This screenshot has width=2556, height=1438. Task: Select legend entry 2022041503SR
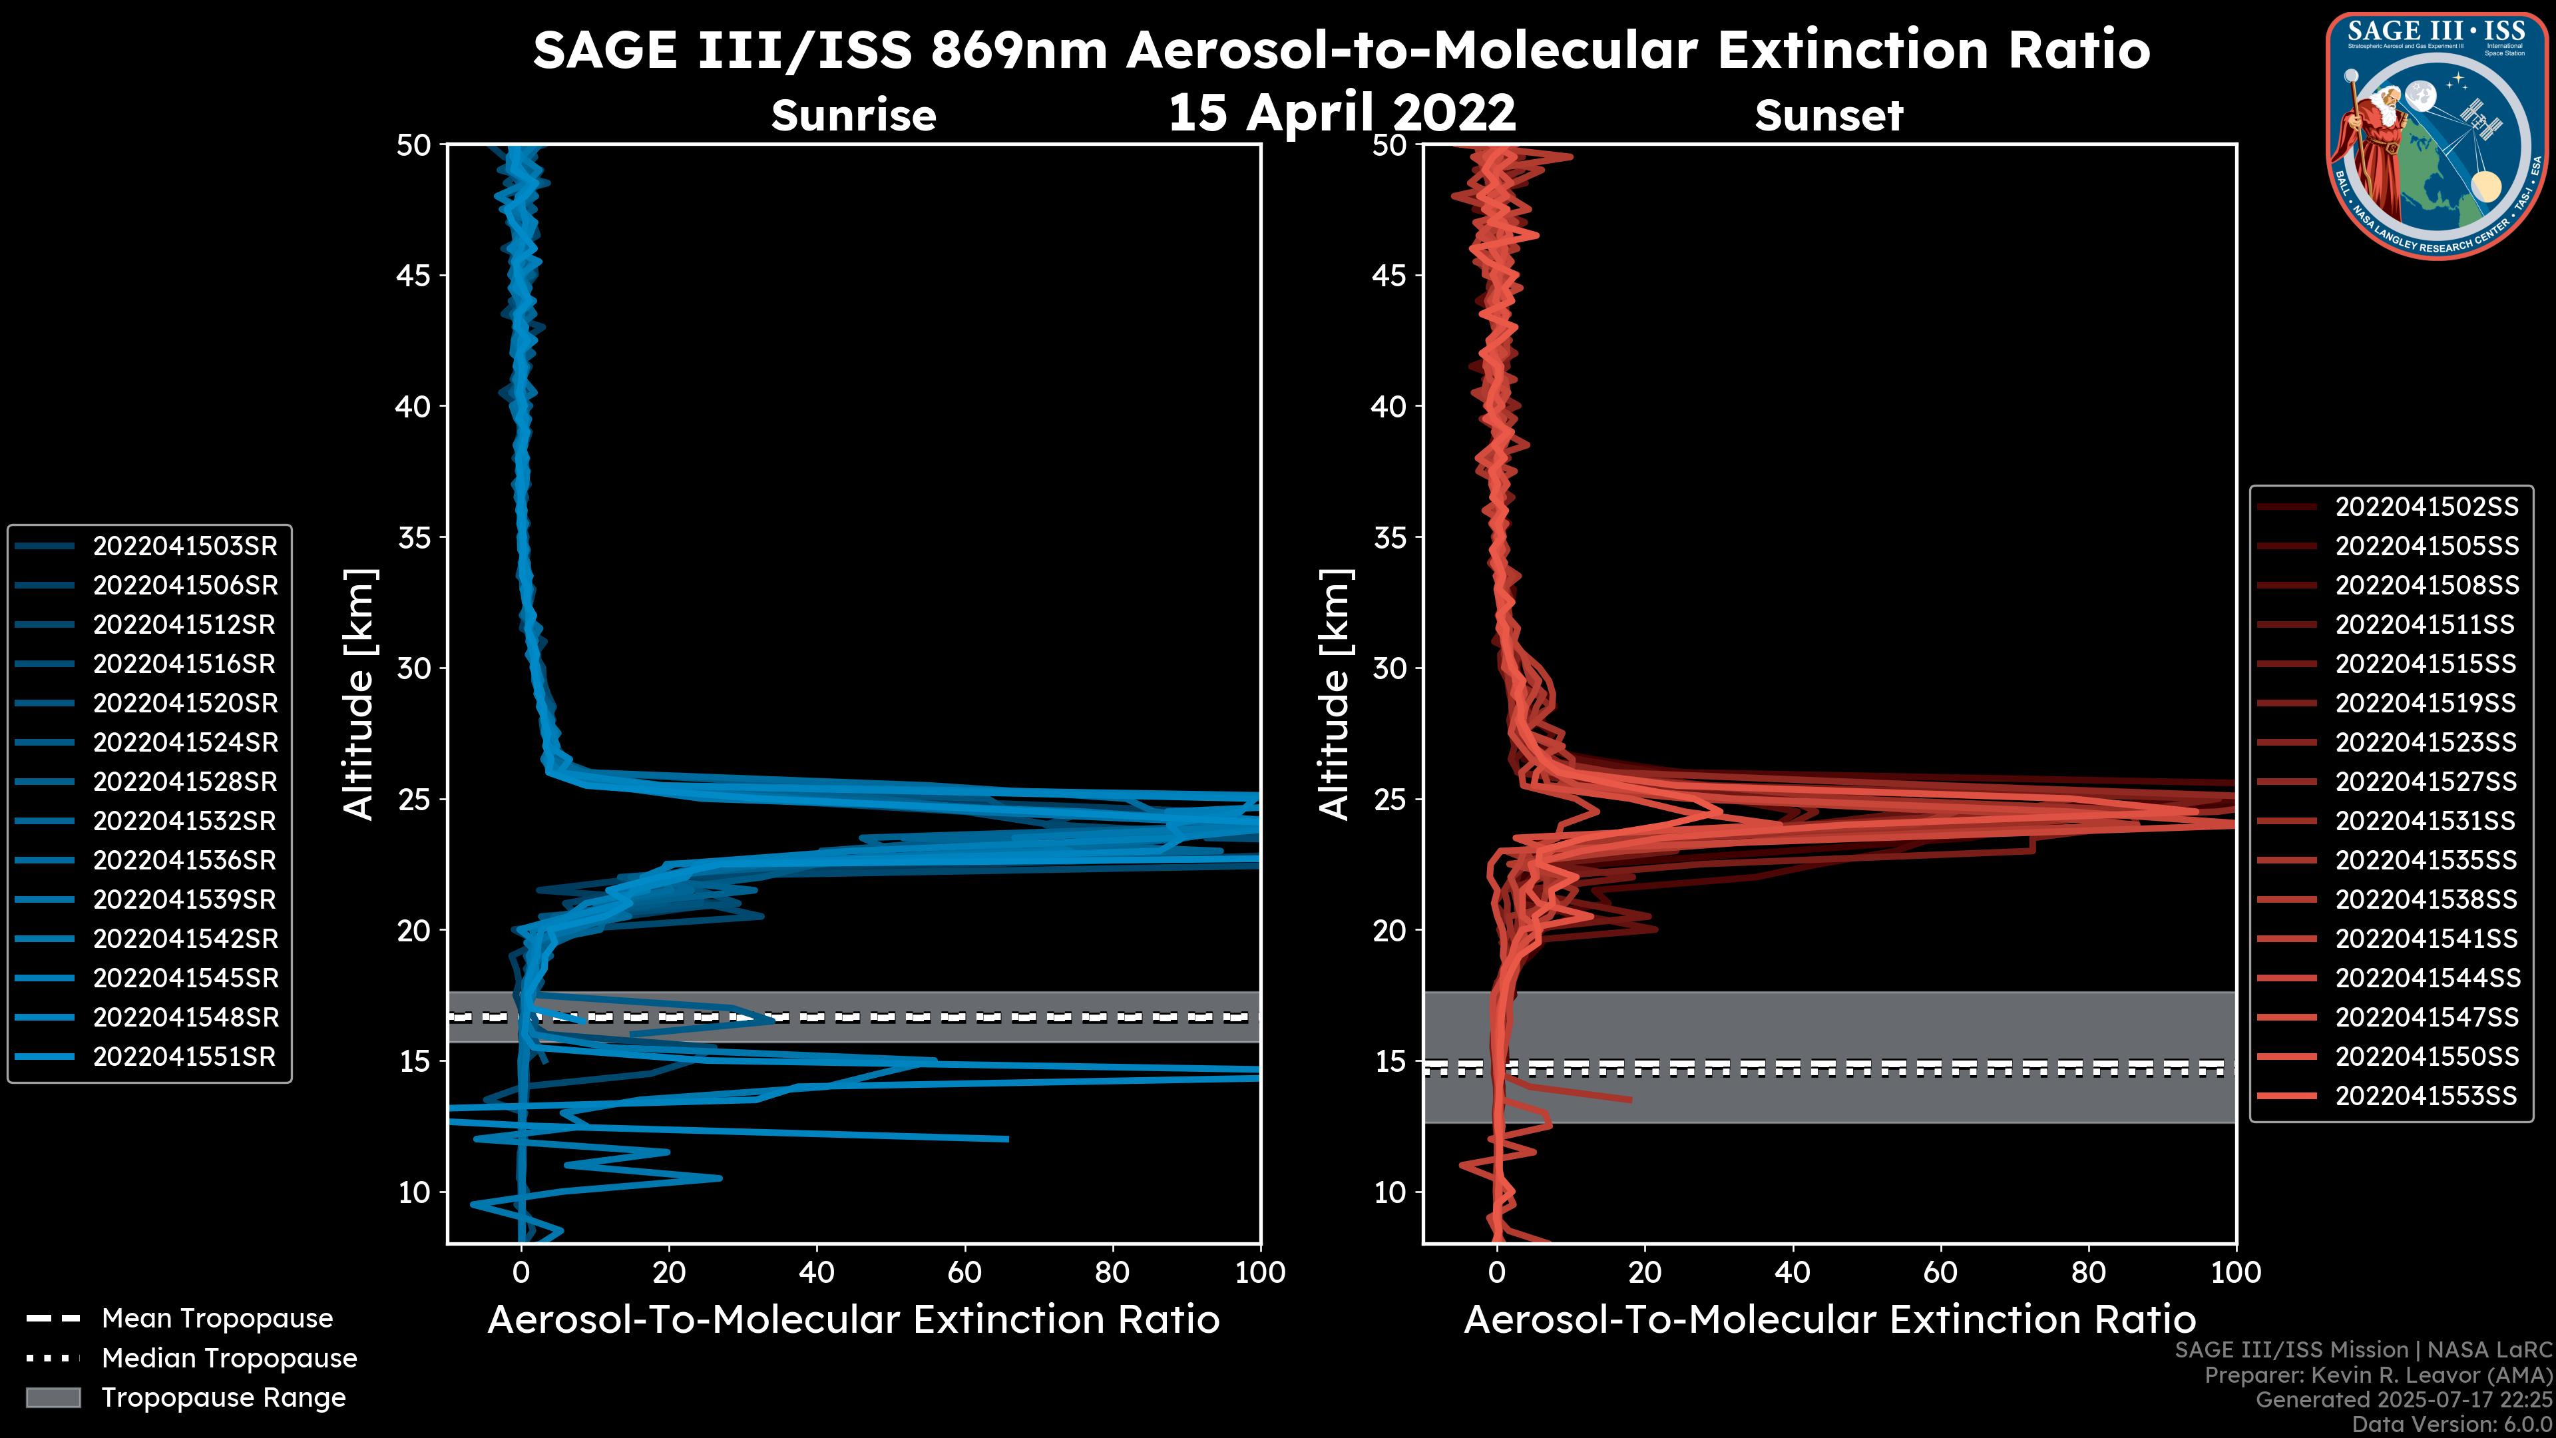click(184, 546)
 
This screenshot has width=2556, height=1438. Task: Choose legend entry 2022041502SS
click(2426, 507)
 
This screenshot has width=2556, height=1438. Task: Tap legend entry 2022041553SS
click(2426, 1096)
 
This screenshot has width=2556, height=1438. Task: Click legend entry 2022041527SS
click(2426, 782)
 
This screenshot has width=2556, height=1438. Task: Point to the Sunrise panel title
click(853, 115)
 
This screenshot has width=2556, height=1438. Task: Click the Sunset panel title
click(1828, 115)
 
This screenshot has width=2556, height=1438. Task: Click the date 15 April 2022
click(1341, 112)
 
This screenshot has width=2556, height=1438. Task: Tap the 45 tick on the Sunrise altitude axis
click(414, 276)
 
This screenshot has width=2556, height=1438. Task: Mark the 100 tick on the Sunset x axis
click(2236, 1272)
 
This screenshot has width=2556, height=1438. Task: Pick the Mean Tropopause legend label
click(217, 1319)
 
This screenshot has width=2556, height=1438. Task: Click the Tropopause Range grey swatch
click(53, 1397)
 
